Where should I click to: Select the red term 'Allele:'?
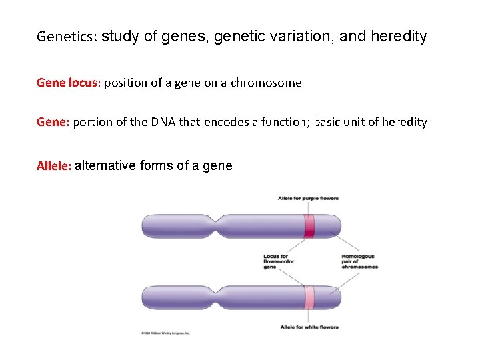pyautogui.click(x=54, y=166)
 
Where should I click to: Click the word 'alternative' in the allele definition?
pyautogui.click(x=106, y=166)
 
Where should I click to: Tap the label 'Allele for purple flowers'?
pyautogui.click(x=308, y=198)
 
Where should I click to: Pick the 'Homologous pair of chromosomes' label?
pyautogui.click(x=359, y=261)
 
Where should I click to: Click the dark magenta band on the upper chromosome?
pyautogui.click(x=309, y=226)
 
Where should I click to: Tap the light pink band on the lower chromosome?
pyautogui.click(x=309, y=297)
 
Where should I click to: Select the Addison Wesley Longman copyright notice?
pyautogui.click(x=165, y=333)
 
